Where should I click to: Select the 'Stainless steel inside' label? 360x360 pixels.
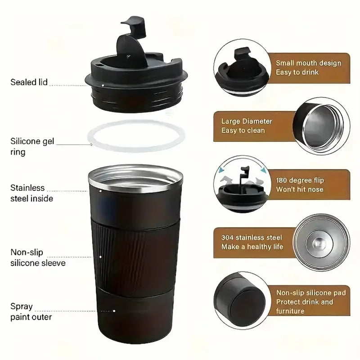[x=31, y=193]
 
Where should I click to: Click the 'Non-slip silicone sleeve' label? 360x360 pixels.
[x=38, y=258]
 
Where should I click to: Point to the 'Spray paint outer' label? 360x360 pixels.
[x=31, y=311]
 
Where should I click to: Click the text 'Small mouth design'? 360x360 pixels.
[x=308, y=63]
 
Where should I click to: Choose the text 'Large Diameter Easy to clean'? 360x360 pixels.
[x=247, y=126]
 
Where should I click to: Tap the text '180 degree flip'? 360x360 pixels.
[x=299, y=180]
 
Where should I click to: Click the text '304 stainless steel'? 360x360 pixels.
[x=252, y=238]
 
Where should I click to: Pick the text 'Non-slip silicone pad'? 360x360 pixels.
[x=310, y=293]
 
